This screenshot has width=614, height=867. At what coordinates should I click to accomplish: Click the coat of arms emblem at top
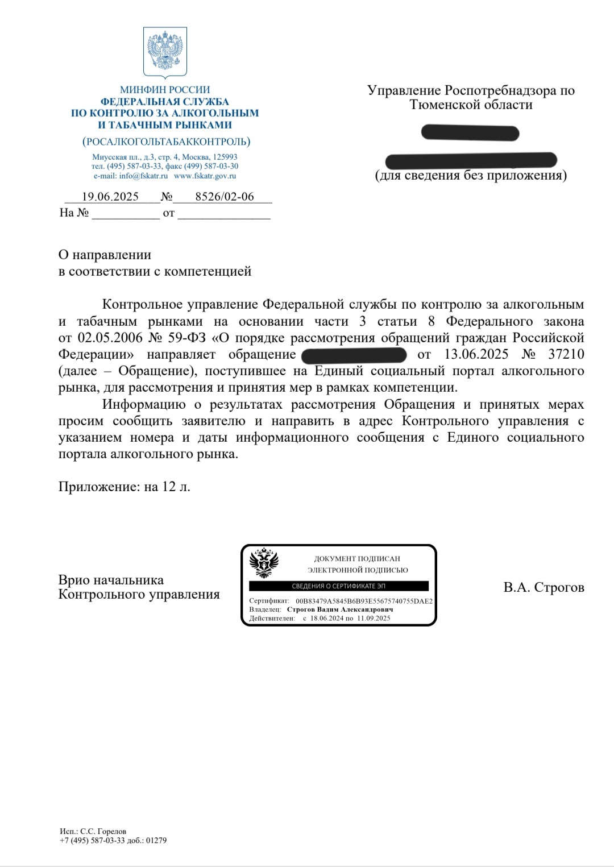pos(165,52)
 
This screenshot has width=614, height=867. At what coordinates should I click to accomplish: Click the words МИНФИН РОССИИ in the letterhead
pos(165,90)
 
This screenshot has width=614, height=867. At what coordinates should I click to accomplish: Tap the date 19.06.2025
pos(110,197)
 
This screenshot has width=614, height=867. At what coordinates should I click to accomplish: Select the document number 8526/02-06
pos(225,197)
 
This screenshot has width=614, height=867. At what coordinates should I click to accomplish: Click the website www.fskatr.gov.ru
pos(205,176)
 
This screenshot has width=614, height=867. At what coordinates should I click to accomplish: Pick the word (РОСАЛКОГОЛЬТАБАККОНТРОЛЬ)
pos(166,142)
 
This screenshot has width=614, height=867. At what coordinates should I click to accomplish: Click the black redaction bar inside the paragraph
pos(354,355)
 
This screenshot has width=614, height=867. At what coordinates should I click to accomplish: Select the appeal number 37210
pos(566,354)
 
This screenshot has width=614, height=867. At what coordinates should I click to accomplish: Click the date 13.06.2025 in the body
pos(476,354)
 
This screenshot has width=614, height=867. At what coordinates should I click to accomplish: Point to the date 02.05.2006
pos(110,338)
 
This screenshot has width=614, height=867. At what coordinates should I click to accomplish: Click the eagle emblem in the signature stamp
pos(264,562)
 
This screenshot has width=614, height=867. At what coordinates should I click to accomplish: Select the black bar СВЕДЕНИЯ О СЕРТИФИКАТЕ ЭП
pos(338,586)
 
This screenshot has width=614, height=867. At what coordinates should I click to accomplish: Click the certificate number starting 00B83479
pos(364,601)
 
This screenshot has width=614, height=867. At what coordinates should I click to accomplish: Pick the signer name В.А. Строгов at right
pos(544,587)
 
